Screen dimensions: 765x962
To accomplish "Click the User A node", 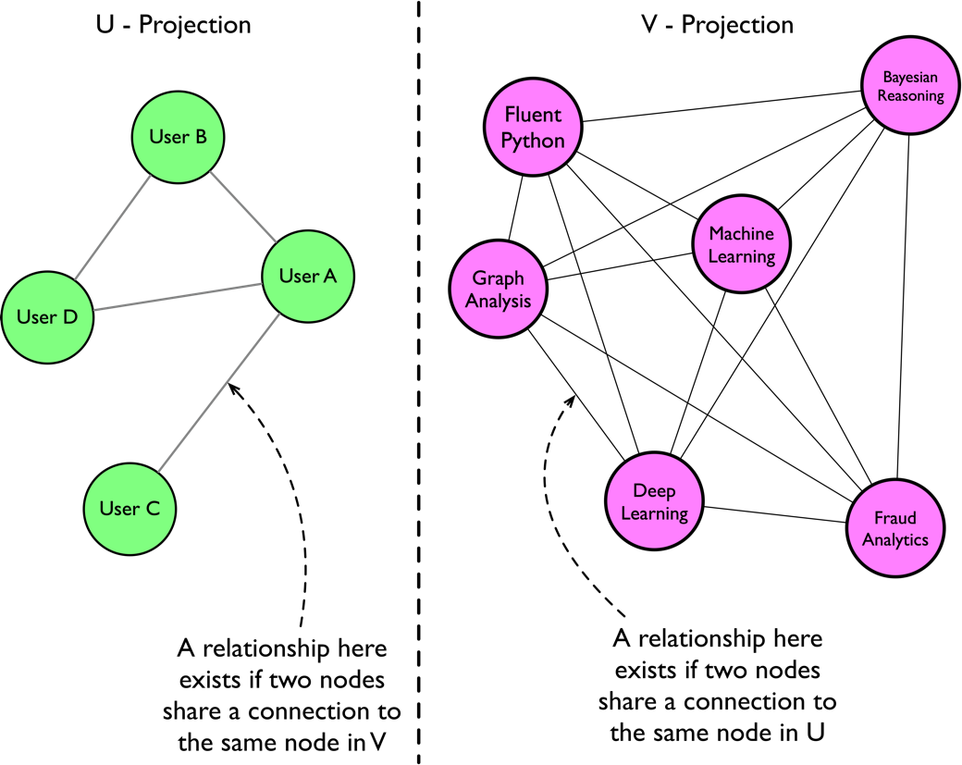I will click(308, 276).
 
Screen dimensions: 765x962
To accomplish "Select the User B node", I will click(179, 137).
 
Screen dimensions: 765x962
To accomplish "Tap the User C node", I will click(129, 509).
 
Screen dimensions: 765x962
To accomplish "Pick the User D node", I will click(47, 317).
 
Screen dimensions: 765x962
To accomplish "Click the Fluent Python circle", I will click(533, 128).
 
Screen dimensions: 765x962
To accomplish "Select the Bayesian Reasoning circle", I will click(910, 85).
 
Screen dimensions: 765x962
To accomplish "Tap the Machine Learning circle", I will click(741, 244).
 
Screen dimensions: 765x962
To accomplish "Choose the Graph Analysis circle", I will click(498, 289).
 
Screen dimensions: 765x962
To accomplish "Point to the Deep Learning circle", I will click(654, 501).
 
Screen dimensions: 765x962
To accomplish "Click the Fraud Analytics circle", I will click(894, 528).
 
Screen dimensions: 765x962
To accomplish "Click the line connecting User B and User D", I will click(113, 227).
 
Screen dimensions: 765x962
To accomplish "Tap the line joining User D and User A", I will click(178, 297).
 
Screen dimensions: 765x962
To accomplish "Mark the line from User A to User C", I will click(219, 392).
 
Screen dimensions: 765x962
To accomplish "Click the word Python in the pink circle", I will click(533, 141).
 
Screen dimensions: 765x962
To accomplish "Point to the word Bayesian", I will click(910, 77).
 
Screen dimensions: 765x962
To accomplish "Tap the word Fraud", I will click(894, 518).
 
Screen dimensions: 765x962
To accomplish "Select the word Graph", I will click(498, 278).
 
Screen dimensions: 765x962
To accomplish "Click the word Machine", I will click(741, 234).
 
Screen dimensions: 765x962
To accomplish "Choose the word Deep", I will click(654, 490).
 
